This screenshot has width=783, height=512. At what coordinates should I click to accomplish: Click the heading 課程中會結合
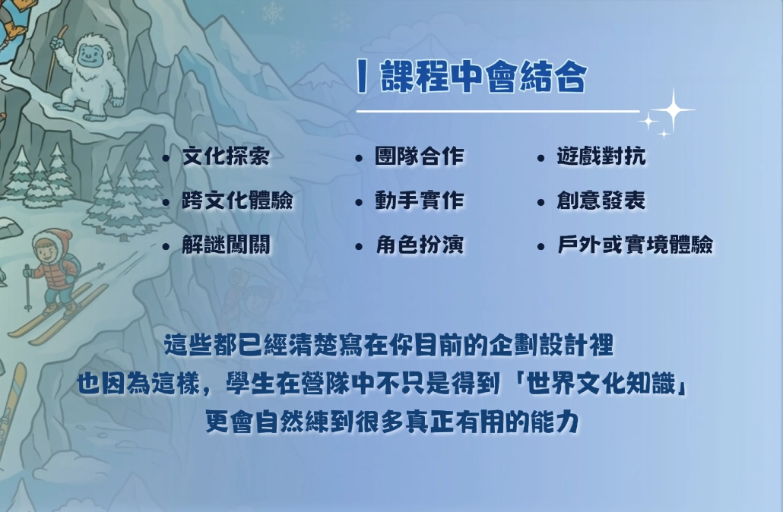pos(483,77)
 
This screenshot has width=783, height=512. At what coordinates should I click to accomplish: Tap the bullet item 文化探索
pos(225,157)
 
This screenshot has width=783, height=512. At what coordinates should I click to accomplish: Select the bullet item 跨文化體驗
pos(237,201)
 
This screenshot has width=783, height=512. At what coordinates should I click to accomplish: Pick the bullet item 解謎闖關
pos(225,245)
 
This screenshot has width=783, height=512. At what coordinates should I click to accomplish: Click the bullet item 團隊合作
pos(419,157)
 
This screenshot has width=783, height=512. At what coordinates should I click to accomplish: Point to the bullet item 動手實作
pos(419,201)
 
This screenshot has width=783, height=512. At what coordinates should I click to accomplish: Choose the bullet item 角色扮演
pos(419,245)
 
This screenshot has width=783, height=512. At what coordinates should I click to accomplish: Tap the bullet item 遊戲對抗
pos(601,157)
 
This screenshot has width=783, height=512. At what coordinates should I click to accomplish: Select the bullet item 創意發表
pos(601,201)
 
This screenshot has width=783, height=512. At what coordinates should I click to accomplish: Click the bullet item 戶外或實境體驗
pos(635,245)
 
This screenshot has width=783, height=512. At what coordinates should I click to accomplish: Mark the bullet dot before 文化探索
pos(166,159)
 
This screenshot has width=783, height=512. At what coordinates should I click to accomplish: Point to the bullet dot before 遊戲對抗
pos(540,159)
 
